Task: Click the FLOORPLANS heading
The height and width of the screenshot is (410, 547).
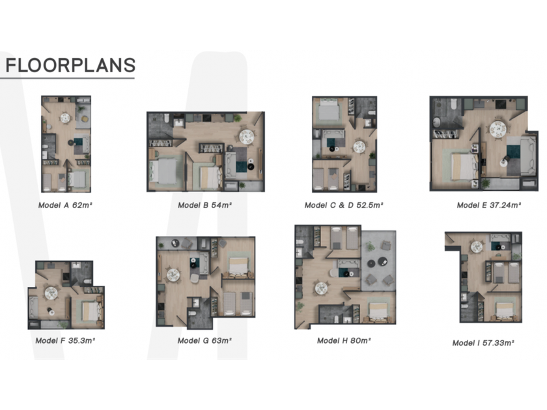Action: [x=70, y=65]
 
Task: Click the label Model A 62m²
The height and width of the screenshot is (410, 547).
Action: [x=65, y=205]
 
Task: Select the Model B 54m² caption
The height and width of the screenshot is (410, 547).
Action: [x=204, y=205]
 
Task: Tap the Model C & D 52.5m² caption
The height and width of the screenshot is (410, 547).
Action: [x=344, y=205]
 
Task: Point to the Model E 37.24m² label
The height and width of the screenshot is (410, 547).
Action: [x=489, y=205]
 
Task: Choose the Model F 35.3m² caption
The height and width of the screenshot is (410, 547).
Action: [x=65, y=340]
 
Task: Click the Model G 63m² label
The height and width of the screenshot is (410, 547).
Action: [x=204, y=340]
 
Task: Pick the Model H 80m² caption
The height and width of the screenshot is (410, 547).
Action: [x=344, y=340]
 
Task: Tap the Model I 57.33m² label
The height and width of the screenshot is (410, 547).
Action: [x=483, y=343]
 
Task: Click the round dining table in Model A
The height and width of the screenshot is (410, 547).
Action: [x=65, y=118]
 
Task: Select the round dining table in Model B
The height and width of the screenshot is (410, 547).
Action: [x=247, y=136]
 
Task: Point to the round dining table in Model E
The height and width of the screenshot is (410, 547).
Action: [x=498, y=129]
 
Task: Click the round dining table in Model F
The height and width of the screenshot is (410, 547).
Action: [x=51, y=293]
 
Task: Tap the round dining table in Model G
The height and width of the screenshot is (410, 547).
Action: [x=173, y=275]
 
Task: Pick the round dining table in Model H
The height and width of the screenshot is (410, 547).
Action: [x=321, y=288]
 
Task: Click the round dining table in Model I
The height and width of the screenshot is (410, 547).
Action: [x=477, y=247]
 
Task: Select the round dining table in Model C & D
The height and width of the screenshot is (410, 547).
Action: [x=359, y=147]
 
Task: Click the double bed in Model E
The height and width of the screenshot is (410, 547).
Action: [x=464, y=167]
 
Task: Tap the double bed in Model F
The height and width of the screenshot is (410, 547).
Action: [x=91, y=311]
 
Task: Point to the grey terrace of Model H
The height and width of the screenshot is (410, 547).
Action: [x=378, y=261]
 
